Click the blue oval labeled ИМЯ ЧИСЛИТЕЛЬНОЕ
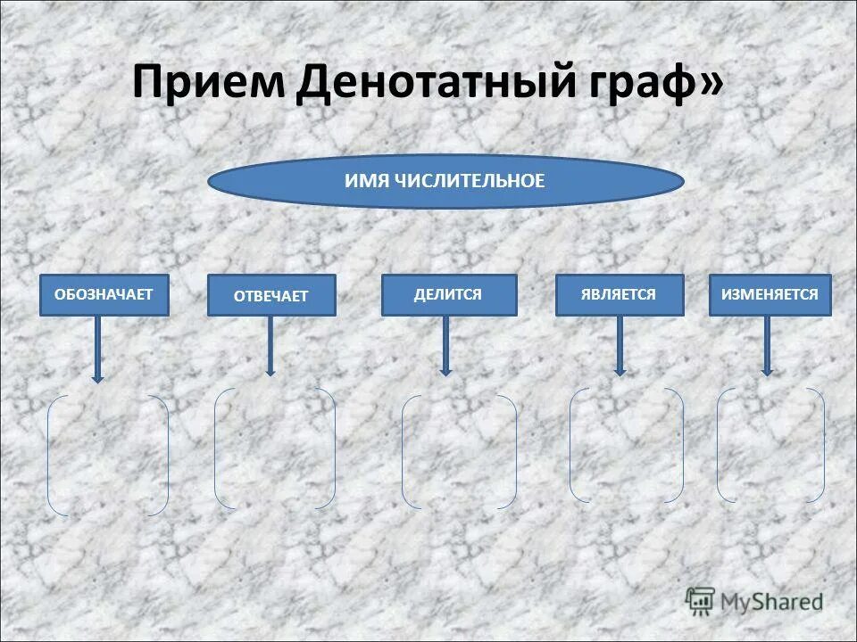pyautogui.click(x=445, y=181)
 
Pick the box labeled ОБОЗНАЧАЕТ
pyautogui.click(x=104, y=295)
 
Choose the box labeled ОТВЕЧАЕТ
pyautogui.click(x=271, y=296)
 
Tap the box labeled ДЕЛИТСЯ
pyautogui.click(x=448, y=294)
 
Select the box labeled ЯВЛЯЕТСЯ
pyautogui.click(x=619, y=294)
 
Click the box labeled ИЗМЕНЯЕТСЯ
pyautogui.click(x=770, y=294)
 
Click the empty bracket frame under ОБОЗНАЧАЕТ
pyautogui.click(x=107, y=455)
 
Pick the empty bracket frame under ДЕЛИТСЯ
pyautogui.click(x=459, y=452)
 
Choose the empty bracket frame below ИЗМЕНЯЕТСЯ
pyautogui.click(x=770, y=444)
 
